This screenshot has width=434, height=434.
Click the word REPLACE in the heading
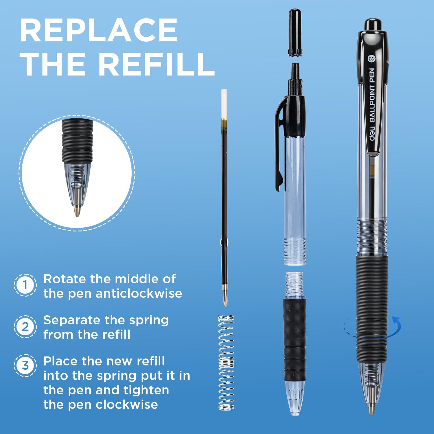99,30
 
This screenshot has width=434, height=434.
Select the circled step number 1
25,285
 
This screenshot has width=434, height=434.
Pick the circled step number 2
25,327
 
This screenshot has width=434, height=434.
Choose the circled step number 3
25,365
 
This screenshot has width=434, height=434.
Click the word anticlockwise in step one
139,293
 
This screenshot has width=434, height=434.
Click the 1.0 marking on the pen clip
371,59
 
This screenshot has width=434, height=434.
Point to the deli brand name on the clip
372,133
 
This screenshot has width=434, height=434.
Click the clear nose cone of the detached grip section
295,398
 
